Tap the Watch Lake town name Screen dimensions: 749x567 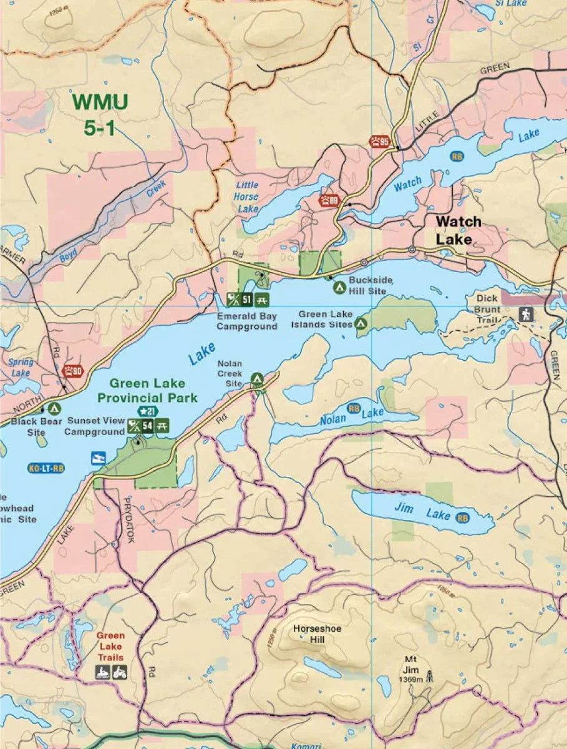click(458, 230)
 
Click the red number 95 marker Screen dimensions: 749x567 click(380, 142)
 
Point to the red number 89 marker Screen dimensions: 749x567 click(329, 200)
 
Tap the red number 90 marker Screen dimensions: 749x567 click(72, 371)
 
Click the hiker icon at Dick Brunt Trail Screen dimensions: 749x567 click(526, 315)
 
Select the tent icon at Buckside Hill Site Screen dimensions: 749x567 click(339, 288)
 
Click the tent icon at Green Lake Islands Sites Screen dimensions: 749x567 click(361, 323)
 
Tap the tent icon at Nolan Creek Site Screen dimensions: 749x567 click(256, 378)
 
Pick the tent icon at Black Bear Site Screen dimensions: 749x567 click(54, 409)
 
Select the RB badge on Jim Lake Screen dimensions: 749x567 click(462, 517)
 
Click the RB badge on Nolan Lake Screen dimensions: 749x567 click(354, 409)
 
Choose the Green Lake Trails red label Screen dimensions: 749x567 click(110, 647)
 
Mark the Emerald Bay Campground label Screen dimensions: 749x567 click(247, 321)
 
